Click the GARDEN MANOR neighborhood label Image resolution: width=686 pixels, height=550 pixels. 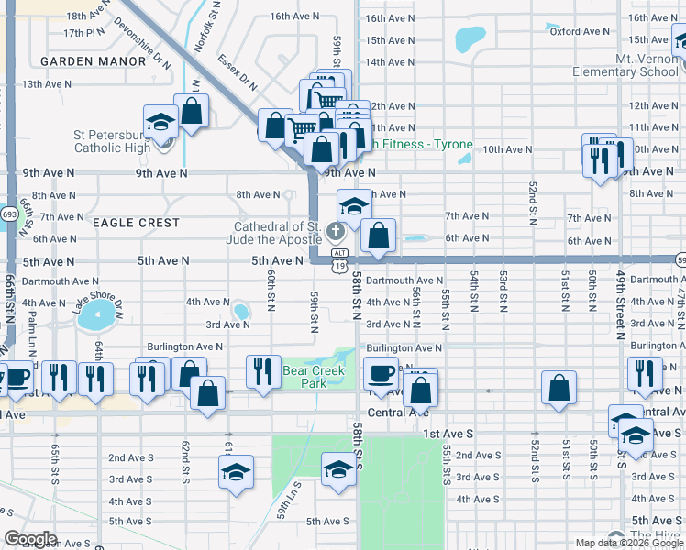point(94,60)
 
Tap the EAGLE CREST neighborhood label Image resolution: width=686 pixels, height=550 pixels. point(136,223)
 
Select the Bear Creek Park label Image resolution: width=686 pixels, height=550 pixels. point(304,377)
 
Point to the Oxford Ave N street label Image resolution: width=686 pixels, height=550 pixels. point(580,31)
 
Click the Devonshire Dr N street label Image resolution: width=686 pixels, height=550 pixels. point(144,42)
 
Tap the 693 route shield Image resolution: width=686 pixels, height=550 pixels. point(9,214)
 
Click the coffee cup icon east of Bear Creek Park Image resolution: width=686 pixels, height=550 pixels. point(380,373)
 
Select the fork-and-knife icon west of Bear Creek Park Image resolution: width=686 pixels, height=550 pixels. point(263,371)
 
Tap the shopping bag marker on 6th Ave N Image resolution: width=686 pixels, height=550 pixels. point(378,236)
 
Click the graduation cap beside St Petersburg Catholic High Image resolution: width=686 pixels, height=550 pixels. point(160,122)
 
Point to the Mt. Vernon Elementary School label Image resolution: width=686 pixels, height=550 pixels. point(625,65)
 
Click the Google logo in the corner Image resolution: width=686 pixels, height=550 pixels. point(30,539)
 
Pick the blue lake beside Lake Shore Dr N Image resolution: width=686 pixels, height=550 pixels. point(96,318)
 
